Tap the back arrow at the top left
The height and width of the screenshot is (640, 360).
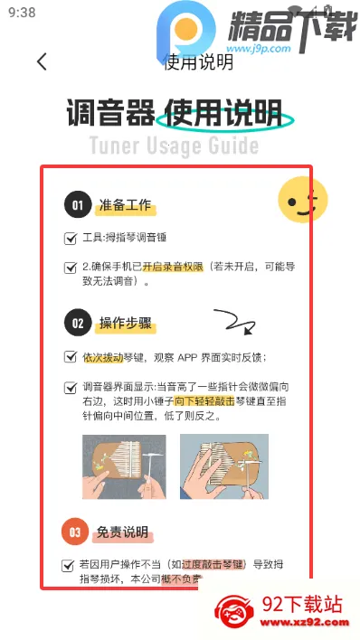click(x=42, y=62)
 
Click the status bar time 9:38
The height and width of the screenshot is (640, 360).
click(x=21, y=13)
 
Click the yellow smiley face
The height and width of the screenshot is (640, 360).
click(x=301, y=201)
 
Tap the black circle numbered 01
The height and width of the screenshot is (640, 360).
click(x=78, y=205)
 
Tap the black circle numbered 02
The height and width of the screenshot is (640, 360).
click(x=78, y=323)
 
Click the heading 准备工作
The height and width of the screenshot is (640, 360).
click(x=126, y=206)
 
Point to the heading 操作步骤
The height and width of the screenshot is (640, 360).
click(x=126, y=323)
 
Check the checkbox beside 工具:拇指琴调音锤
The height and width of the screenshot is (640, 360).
click(x=71, y=239)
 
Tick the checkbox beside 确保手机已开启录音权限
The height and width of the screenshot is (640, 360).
click(x=71, y=268)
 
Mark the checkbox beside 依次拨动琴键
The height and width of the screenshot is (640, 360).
click(x=71, y=357)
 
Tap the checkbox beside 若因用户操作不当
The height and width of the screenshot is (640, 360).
click(x=70, y=565)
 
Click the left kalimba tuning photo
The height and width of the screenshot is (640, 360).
click(x=124, y=467)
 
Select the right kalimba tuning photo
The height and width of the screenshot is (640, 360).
click(x=223, y=467)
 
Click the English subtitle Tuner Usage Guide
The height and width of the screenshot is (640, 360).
click(x=174, y=146)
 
